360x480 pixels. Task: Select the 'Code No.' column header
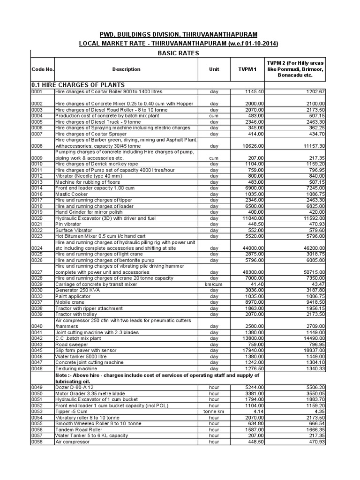click(x=43, y=69)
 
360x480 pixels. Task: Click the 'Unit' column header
click(x=214, y=69)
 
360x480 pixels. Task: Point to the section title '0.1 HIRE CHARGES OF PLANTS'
click(x=78, y=84)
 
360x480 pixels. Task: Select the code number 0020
click(x=37, y=218)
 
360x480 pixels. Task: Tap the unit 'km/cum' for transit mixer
click(x=214, y=285)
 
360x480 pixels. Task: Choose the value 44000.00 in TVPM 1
click(x=253, y=248)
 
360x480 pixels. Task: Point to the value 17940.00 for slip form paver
click(x=253, y=351)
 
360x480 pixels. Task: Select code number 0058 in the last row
click(x=37, y=442)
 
